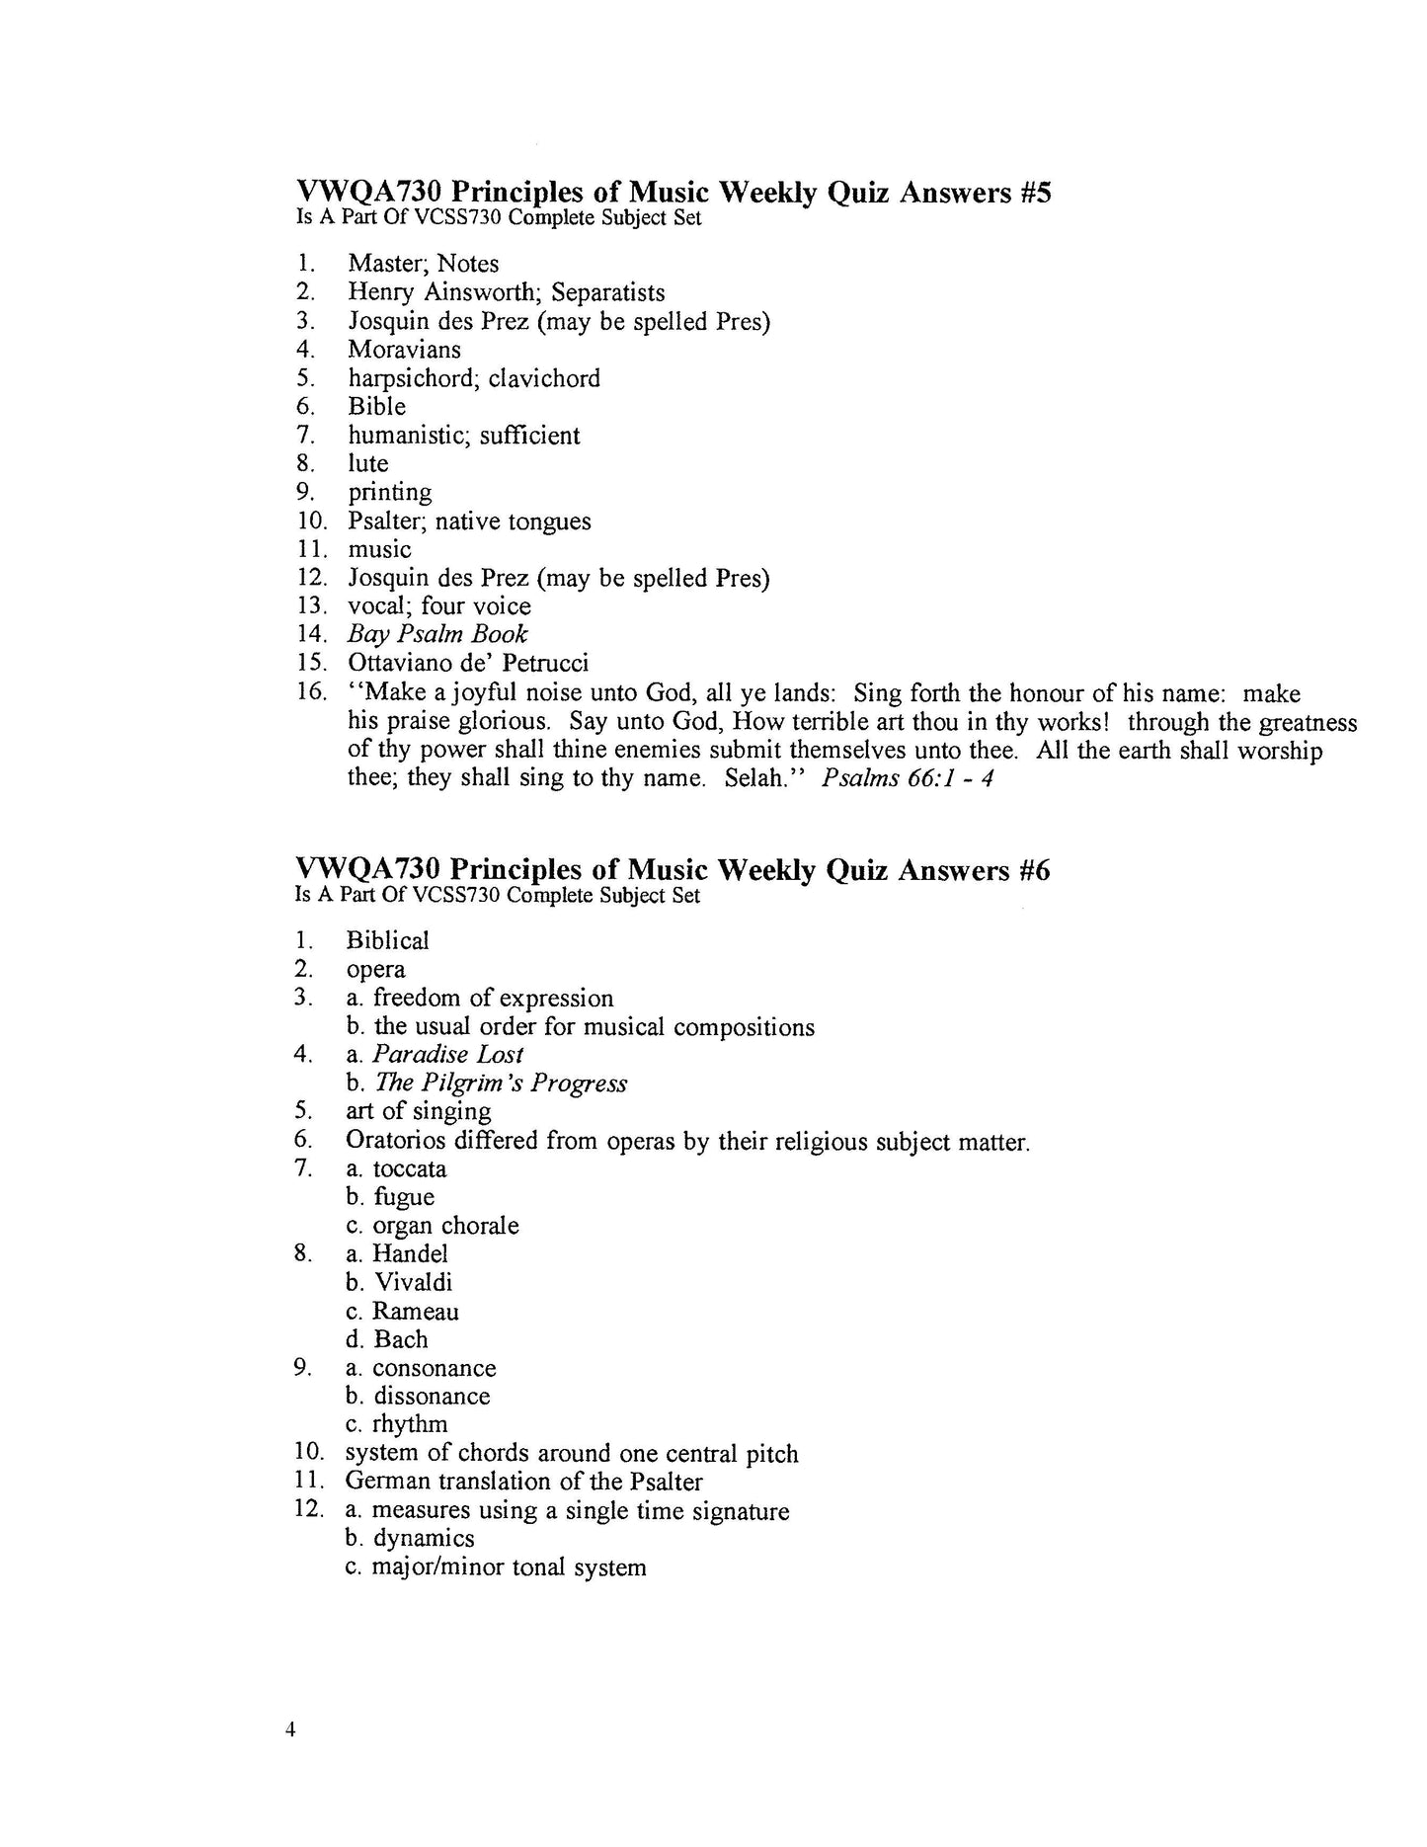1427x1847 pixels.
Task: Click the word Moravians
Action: click(404, 350)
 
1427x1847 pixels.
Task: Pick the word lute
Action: click(367, 463)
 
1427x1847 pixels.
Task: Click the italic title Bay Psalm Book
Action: click(436, 634)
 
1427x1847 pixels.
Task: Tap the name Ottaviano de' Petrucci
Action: click(468, 663)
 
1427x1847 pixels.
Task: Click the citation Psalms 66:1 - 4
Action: click(907, 778)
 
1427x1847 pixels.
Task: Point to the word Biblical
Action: click(387, 940)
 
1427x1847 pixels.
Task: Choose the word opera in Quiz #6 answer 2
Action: click(375, 970)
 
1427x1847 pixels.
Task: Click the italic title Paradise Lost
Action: click(447, 1055)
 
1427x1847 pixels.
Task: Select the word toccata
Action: click(409, 1169)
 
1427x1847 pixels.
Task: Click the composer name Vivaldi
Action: click(413, 1283)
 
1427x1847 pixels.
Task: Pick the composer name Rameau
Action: click(415, 1312)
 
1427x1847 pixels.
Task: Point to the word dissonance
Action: click(432, 1397)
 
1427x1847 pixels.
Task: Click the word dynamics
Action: click(424, 1539)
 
